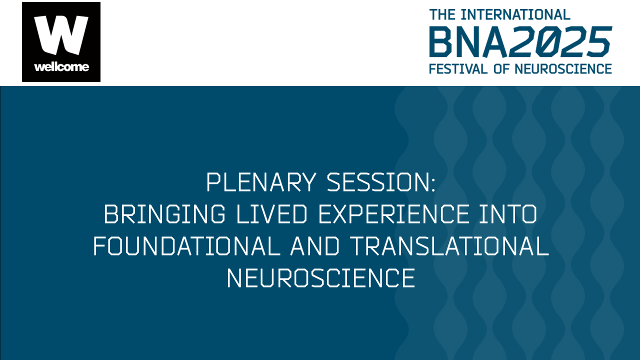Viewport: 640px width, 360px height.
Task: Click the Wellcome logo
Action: pos(61,42)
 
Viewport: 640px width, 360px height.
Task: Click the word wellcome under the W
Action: pos(61,67)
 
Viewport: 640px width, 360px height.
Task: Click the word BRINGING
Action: pos(164,215)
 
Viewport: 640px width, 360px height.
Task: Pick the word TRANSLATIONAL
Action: pos(449,247)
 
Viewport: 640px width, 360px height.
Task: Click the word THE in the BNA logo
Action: pos(442,14)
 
